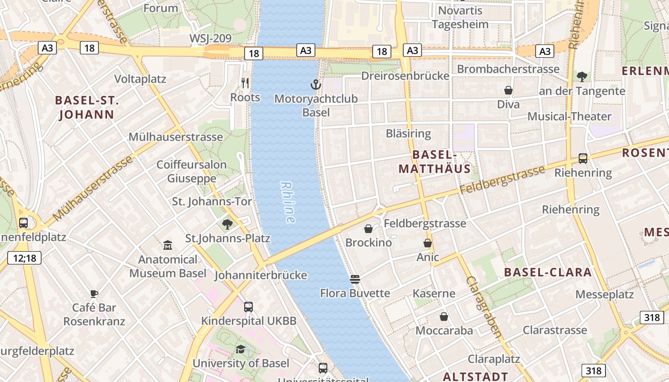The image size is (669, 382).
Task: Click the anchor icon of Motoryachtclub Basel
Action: tap(315, 85)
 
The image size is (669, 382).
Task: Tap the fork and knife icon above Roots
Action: tap(245, 83)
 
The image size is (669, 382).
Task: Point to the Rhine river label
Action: tap(288, 202)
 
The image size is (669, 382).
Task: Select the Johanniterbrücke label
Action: tap(260, 276)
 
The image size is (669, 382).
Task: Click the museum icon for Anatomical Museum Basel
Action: tap(168, 245)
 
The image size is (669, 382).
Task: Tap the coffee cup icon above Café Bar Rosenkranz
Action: tap(94, 294)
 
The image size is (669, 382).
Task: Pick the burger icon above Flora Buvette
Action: tap(355, 279)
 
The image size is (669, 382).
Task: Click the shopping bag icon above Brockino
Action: tap(368, 229)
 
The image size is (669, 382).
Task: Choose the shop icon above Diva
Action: tap(508, 90)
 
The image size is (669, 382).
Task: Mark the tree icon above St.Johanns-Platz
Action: tap(227, 224)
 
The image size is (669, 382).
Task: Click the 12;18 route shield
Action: tap(25, 258)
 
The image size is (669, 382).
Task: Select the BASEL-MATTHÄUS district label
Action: tap(434, 161)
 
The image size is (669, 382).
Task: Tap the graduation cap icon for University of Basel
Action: tap(240, 350)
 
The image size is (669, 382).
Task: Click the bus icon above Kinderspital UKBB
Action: tap(248, 307)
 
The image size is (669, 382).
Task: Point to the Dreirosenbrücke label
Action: tap(405, 76)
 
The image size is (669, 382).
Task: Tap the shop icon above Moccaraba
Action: tap(444, 317)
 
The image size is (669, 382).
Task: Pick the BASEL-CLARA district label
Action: tap(548, 273)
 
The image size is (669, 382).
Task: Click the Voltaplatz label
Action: tap(140, 79)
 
